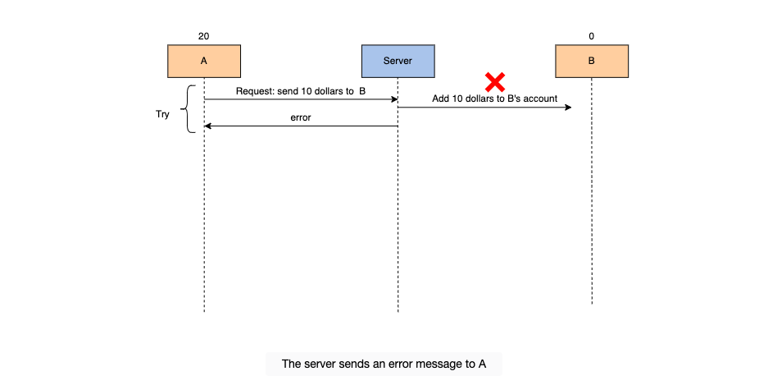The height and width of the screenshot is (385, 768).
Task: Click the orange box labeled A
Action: pos(204,62)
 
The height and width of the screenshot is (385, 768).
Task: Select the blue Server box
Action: pos(398,62)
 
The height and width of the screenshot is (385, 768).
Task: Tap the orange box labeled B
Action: pos(592,62)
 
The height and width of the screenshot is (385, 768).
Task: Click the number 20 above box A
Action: pos(204,36)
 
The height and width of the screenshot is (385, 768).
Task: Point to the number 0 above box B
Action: pos(592,36)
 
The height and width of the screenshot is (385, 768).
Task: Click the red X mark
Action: pos(495,82)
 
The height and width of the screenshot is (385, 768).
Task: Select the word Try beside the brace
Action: pos(162,114)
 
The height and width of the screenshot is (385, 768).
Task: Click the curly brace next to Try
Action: pos(188,109)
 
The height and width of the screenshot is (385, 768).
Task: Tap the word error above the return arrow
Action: pos(301,117)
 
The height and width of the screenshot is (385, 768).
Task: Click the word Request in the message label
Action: pos(254,91)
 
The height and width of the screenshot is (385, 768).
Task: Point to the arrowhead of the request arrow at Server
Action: pos(394,99)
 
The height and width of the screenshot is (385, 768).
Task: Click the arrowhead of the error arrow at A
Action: pos(207,126)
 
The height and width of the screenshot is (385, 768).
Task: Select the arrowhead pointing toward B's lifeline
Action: pos(568,108)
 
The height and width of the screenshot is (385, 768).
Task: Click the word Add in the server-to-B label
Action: pos(440,99)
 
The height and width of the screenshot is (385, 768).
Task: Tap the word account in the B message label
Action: pos(541,99)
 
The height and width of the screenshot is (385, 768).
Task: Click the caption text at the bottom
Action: pos(384,364)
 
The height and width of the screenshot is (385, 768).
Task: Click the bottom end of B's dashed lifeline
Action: pos(592,304)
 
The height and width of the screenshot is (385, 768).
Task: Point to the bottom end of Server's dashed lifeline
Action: pos(398,311)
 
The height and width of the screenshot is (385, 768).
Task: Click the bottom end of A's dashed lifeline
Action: pos(204,311)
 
